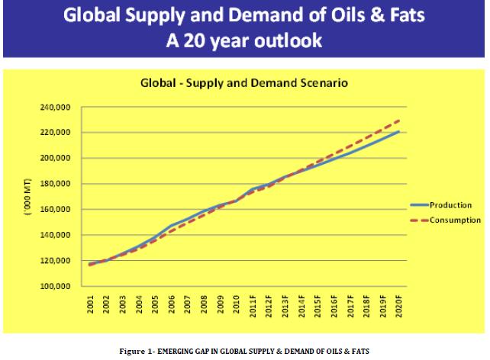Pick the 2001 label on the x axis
pyautogui.click(x=91, y=304)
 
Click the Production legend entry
pyautogui.click(x=451, y=205)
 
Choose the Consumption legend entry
pyautogui.click(x=454, y=220)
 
